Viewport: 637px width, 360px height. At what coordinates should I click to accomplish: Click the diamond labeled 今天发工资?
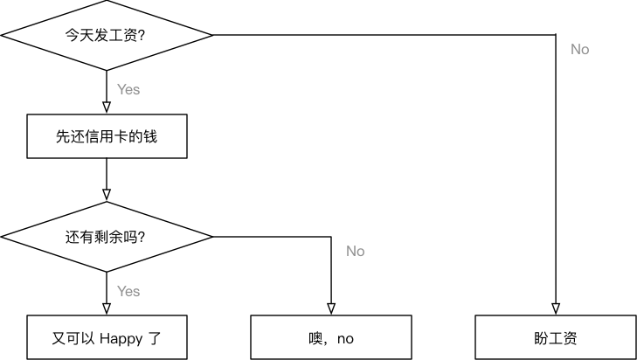[107, 35]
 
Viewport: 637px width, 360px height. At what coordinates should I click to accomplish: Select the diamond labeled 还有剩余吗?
[107, 237]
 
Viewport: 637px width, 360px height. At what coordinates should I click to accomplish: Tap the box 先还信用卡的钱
[107, 136]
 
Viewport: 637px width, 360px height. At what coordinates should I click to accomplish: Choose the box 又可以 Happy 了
[107, 337]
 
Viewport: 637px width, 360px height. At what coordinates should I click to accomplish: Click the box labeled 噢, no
[331, 337]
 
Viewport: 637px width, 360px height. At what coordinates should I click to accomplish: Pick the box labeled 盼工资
[555, 337]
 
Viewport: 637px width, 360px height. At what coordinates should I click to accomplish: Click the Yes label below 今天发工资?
[128, 89]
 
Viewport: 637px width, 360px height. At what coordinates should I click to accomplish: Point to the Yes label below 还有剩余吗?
[128, 291]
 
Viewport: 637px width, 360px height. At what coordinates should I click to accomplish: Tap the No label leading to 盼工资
[579, 50]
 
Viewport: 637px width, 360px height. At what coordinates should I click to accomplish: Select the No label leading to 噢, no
[355, 252]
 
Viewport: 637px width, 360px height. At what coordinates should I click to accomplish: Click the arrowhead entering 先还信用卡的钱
[107, 108]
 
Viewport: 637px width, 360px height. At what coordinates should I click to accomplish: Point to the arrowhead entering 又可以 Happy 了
[107, 308]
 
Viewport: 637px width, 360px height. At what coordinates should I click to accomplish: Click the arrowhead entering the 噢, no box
[331, 308]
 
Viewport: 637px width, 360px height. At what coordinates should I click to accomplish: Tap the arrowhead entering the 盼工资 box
[555, 308]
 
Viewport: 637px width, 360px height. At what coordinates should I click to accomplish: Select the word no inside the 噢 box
[345, 339]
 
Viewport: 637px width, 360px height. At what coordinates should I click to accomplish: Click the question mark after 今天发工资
[142, 36]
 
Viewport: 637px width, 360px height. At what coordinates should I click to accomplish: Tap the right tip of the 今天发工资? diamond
[211, 35]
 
